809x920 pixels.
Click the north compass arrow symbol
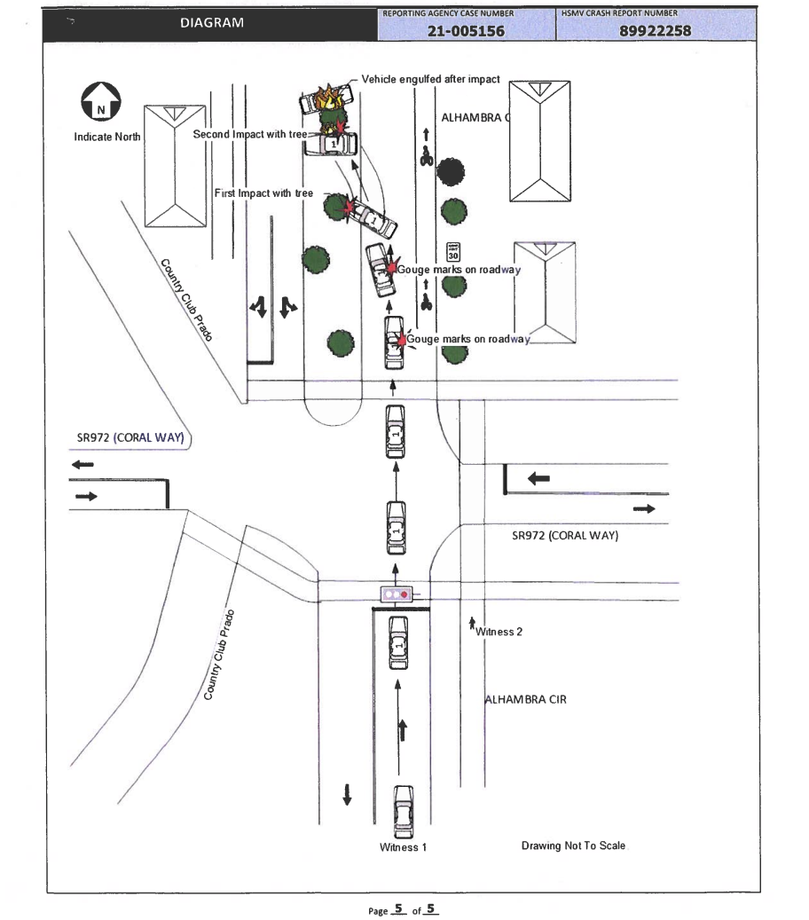pyautogui.click(x=101, y=101)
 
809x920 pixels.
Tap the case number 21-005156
pyautogui.click(x=466, y=30)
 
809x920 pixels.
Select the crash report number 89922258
pyautogui.click(x=656, y=30)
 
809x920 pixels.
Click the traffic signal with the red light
pyautogui.click(x=397, y=594)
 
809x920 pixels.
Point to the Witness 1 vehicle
pyautogui.click(x=403, y=812)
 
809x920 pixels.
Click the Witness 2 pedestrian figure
pyautogui.click(x=472, y=624)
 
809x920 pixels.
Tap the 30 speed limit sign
pyautogui.click(x=453, y=252)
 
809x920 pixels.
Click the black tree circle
pyautogui.click(x=450, y=172)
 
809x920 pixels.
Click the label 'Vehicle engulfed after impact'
pyautogui.click(x=430, y=79)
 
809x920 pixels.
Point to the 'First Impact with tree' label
pyautogui.click(x=263, y=193)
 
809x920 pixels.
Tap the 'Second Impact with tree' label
pyautogui.click(x=250, y=134)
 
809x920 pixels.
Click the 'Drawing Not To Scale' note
pyautogui.click(x=573, y=845)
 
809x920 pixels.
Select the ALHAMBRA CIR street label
pyautogui.click(x=526, y=699)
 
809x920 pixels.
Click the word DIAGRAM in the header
pyautogui.click(x=212, y=23)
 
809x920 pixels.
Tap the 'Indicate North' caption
pyautogui.click(x=107, y=137)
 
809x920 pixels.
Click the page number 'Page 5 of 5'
pyautogui.click(x=403, y=909)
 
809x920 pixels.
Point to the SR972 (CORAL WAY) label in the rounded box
pyautogui.click(x=130, y=437)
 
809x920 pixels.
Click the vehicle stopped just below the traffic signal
pyautogui.click(x=399, y=643)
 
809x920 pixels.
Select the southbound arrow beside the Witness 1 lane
pyautogui.click(x=348, y=794)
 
